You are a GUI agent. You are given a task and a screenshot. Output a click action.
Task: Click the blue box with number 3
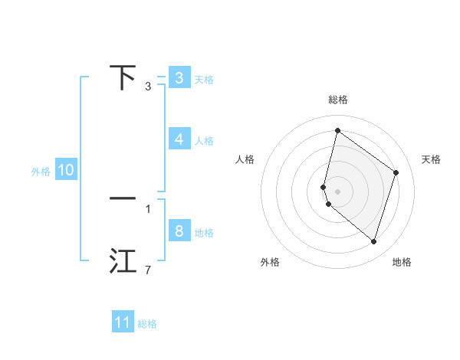(179, 78)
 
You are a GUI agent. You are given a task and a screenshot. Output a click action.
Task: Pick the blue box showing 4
(179, 139)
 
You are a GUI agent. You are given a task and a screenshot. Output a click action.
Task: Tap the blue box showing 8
(179, 231)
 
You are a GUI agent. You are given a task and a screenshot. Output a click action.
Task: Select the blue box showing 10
(66, 171)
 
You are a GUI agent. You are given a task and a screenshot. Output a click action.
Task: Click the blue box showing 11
(123, 322)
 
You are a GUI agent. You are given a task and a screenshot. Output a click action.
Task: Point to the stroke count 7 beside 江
(148, 270)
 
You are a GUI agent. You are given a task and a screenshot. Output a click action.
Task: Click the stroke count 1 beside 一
(148, 208)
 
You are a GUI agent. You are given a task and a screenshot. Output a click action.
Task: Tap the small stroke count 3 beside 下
(148, 87)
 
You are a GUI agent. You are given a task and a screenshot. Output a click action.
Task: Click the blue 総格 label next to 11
(147, 324)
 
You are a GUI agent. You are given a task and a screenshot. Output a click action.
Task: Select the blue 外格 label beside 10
(41, 172)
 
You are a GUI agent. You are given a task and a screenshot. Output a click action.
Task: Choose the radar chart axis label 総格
(337, 100)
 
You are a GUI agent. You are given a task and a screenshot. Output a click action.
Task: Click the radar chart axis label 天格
(431, 159)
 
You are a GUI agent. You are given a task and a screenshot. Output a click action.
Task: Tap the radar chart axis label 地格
(402, 263)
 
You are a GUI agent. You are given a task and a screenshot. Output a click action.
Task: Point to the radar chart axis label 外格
(270, 263)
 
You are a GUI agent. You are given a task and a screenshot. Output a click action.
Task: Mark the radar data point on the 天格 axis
(396, 172)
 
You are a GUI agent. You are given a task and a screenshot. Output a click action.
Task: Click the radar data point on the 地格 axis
(374, 242)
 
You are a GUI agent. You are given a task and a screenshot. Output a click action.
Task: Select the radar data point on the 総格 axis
(337, 130)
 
